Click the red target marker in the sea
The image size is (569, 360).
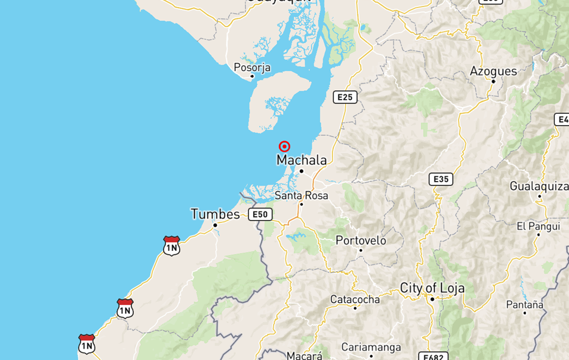(284, 146)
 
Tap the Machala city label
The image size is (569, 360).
(301, 160)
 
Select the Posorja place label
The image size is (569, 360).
(252, 68)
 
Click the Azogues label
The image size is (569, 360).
(493, 71)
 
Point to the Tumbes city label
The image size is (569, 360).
(215, 214)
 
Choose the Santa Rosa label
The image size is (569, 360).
(301, 195)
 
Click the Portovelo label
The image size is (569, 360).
(360, 240)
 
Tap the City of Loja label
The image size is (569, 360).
(432, 288)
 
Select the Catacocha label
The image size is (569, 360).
(355, 299)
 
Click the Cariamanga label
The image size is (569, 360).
(371, 347)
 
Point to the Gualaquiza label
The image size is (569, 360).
(539, 186)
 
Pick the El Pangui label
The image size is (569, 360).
(538, 226)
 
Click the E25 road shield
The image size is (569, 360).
(345, 97)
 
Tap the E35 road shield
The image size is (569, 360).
(440, 179)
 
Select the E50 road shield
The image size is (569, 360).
(260, 214)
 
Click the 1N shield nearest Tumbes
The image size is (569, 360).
(171, 246)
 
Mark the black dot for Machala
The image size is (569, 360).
(301, 171)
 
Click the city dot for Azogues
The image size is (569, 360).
(493, 82)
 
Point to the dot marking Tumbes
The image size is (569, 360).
(215, 225)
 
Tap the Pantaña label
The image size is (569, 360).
(525, 304)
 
